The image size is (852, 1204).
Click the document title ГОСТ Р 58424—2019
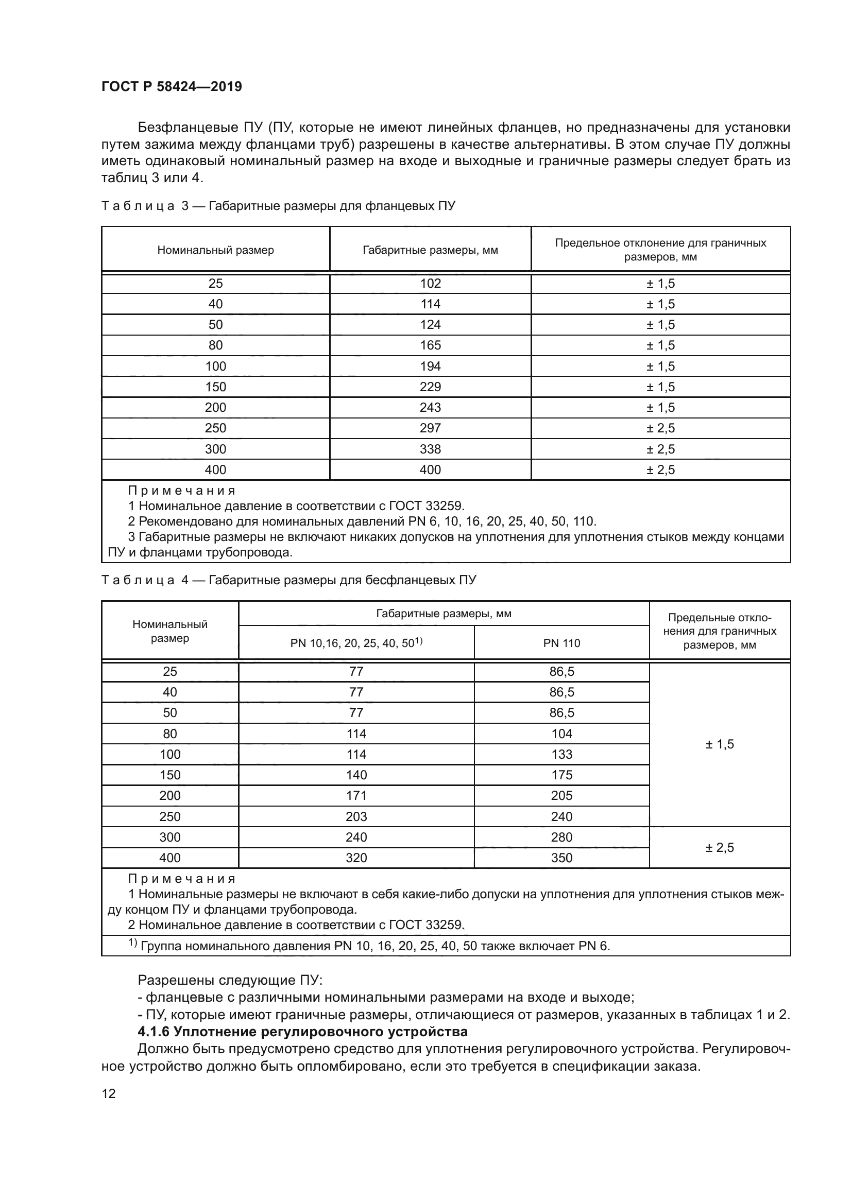tap(172, 86)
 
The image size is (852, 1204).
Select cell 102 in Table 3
tap(430, 284)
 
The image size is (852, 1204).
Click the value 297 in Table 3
tap(430, 428)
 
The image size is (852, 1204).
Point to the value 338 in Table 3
tap(430, 449)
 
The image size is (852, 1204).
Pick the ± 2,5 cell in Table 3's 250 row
tap(660, 428)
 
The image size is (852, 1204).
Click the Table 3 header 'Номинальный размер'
tap(216, 250)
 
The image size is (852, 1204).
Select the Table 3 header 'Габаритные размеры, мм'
tap(430, 250)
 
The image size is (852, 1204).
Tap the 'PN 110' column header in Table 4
tap(561, 643)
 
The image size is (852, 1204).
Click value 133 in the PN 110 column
tap(561, 754)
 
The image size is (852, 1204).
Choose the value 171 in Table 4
tap(356, 795)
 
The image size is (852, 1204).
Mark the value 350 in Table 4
tap(561, 858)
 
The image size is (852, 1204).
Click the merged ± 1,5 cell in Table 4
tap(719, 744)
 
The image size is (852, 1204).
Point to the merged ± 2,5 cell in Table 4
tap(719, 847)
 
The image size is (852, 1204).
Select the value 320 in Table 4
tap(356, 858)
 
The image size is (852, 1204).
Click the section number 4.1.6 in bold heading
tap(153, 1032)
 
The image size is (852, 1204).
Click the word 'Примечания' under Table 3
tap(181, 491)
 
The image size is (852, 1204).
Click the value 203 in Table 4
tap(356, 816)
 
